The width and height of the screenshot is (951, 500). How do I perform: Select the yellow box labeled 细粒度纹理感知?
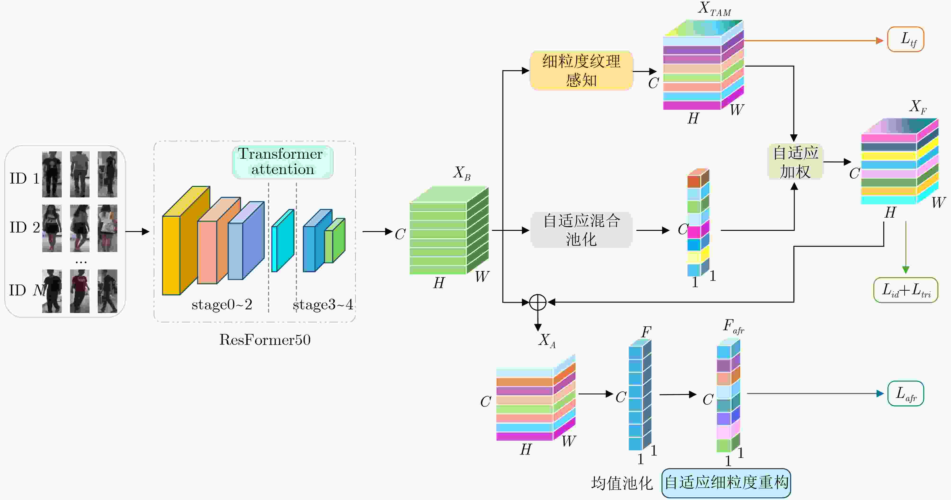[581, 70]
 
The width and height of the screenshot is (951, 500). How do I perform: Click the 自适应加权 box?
[795, 162]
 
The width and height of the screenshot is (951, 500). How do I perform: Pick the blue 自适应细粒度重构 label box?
[726, 483]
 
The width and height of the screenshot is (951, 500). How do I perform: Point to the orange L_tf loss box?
[905, 39]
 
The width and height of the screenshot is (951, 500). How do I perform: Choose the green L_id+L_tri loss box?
[906, 290]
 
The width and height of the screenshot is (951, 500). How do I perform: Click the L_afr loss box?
[906, 393]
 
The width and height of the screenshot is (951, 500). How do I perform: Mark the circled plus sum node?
[538, 302]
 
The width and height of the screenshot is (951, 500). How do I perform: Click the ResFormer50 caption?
[265, 340]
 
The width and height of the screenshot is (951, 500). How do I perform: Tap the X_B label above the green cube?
[462, 173]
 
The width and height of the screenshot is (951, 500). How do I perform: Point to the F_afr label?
[733, 327]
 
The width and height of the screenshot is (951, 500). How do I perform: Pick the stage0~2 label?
[221, 305]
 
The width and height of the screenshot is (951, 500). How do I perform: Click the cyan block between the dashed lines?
[283, 241]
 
